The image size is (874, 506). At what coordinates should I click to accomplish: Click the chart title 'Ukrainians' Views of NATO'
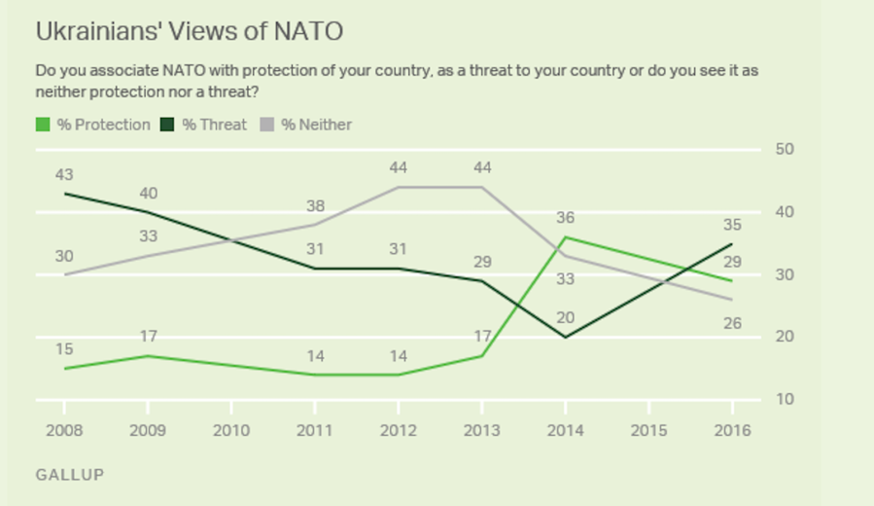pos(189,31)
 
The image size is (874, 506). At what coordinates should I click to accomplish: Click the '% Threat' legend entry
pos(206,125)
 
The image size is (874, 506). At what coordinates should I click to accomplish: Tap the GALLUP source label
pos(69,475)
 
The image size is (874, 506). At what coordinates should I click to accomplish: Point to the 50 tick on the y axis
pos(785,149)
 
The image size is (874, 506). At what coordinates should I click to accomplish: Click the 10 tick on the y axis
pos(785,400)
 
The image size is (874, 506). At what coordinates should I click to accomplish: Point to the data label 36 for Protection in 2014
pos(566,218)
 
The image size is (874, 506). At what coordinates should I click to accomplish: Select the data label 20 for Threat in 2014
pos(566,316)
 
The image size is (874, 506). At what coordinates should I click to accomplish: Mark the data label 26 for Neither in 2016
pos(732,323)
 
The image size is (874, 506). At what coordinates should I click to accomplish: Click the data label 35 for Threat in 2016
pos(732,226)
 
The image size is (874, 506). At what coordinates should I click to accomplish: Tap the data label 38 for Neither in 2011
pos(314,205)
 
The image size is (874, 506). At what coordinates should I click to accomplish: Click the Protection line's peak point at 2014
pos(566,236)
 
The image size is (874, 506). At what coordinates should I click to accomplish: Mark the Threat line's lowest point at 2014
pos(566,337)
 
